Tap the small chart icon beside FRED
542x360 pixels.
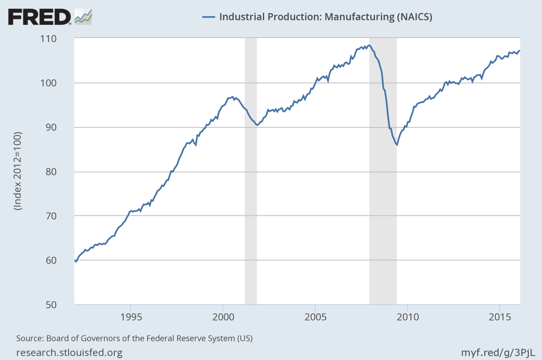(83, 17)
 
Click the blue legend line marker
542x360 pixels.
(208, 17)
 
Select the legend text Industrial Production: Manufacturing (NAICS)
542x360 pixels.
(326, 17)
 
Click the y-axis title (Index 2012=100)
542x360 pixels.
(18, 172)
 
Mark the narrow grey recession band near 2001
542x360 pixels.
(251, 172)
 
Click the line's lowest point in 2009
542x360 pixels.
(397, 145)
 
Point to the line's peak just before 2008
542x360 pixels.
(369, 45)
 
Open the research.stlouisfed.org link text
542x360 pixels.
(69, 352)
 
